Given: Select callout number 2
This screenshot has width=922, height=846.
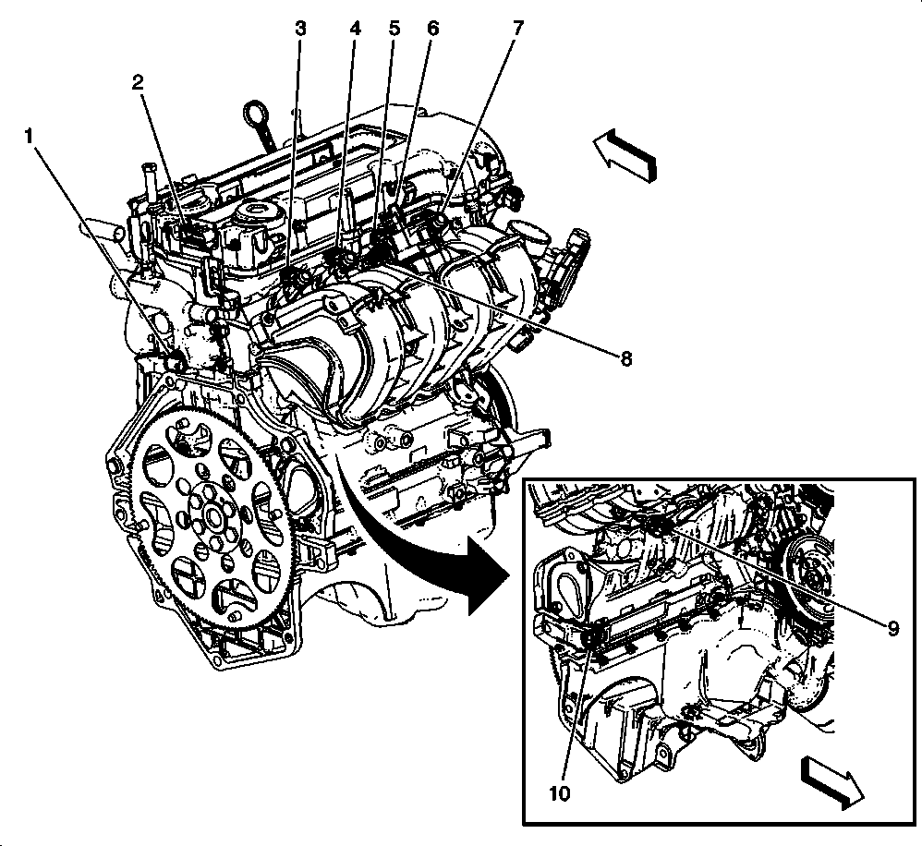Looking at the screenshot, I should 138,82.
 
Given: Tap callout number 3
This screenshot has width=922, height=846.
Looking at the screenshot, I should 300,28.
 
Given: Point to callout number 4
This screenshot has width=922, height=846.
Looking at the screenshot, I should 355,28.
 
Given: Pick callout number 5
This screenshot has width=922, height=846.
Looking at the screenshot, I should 394,28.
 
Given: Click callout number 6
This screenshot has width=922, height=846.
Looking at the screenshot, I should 431,28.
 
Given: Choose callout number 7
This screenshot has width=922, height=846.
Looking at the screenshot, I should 518,28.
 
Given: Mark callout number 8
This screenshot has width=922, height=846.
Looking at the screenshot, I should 625,358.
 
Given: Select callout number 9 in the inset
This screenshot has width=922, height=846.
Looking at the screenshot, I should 892,628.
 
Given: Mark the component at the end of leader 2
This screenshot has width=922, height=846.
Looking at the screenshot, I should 189,231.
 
